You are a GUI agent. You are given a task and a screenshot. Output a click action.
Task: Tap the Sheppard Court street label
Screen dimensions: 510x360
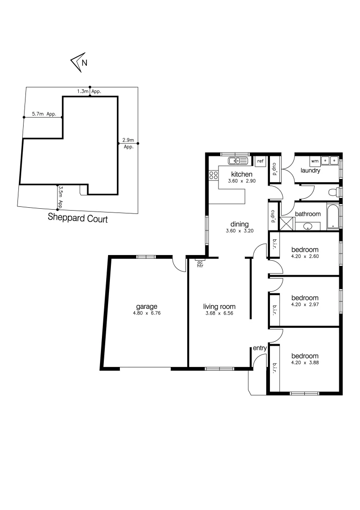point(78,219)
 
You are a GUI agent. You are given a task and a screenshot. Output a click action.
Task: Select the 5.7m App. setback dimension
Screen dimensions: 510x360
point(44,114)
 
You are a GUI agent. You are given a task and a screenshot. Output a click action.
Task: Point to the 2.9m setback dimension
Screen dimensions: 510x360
point(128,140)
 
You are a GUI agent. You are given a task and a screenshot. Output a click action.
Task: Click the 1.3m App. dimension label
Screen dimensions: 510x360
point(90,91)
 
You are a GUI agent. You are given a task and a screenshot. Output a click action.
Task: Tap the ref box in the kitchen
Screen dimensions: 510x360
point(260,161)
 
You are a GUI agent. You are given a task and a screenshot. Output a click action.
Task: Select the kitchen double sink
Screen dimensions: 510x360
point(238,161)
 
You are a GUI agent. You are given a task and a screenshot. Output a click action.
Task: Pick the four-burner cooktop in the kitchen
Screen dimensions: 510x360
point(213,176)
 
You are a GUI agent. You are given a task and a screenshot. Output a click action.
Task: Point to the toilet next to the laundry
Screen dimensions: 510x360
point(334,193)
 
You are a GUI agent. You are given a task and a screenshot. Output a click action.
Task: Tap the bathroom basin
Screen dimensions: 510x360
point(308,226)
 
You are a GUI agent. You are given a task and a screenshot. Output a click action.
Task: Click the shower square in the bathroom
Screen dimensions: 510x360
point(286,223)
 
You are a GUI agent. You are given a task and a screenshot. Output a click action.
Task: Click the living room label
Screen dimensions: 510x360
point(219,306)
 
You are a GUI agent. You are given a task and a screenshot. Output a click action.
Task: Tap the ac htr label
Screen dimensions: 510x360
point(200,264)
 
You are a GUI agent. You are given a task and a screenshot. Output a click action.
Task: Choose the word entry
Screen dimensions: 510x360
point(260,348)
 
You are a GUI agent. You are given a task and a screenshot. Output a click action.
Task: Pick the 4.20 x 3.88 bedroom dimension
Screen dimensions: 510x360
point(304,363)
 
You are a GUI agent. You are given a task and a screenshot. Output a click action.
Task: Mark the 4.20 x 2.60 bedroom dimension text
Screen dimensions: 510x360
point(304,257)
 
